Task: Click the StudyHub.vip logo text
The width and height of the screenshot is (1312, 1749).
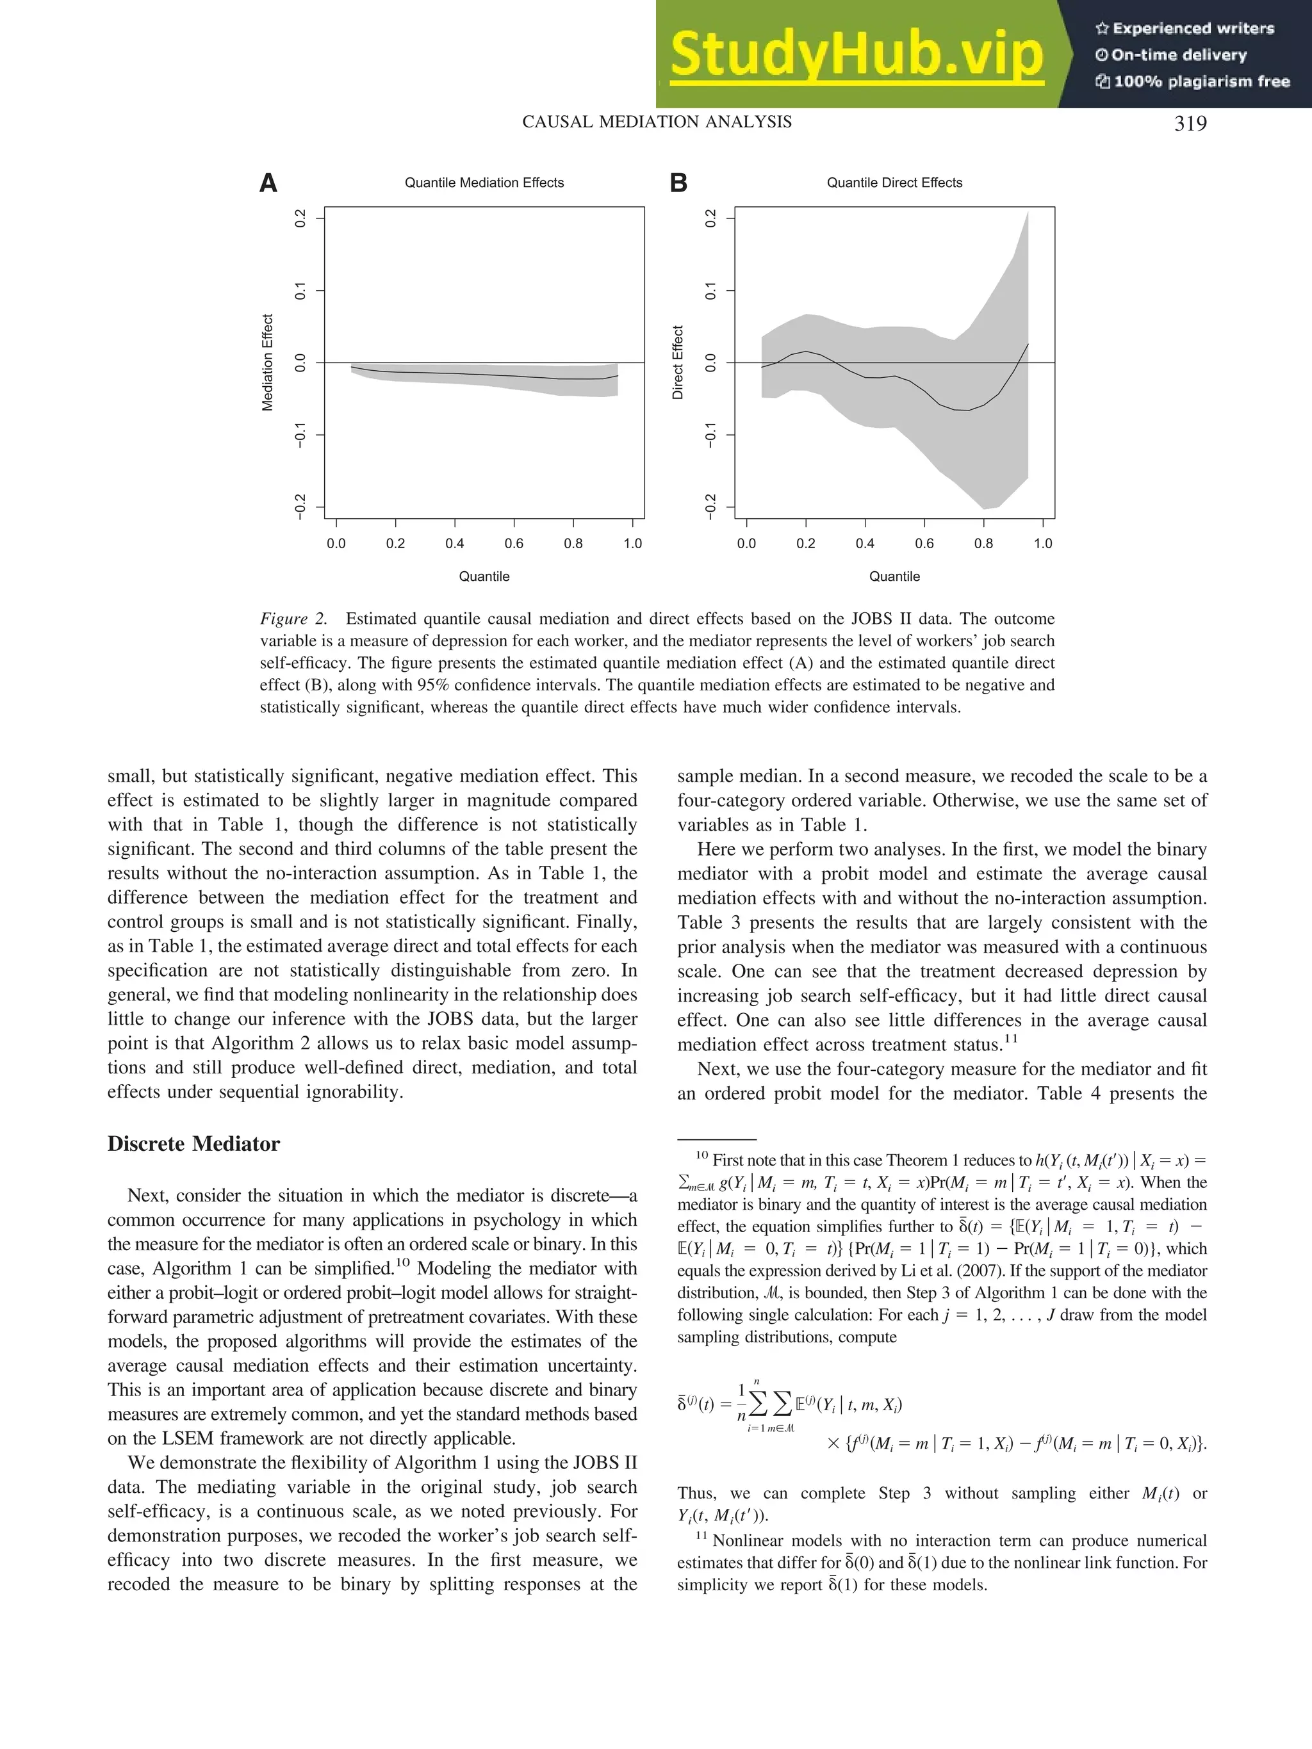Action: pos(856,54)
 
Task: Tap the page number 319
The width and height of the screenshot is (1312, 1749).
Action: pos(1190,124)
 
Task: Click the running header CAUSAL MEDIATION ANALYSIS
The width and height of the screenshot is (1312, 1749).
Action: pos(657,122)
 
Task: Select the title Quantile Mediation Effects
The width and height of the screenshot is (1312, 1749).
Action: pos(484,183)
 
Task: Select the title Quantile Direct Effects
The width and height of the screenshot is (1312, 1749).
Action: pos(894,183)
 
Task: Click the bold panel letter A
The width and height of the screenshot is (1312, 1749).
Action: pos(269,183)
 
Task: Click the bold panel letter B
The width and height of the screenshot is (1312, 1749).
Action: pos(678,183)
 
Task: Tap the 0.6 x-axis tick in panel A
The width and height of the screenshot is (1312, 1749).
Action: pos(514,544)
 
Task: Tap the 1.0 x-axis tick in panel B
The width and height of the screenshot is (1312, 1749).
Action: pos(1042,544)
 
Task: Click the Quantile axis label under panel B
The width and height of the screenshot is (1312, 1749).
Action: pos(894,576)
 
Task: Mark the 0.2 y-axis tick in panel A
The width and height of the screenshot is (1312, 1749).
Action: pos(300,218)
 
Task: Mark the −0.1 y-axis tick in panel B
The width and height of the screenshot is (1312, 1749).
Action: pos(710,435)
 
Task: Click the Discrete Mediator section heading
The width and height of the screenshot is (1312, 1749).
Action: pos(193,1144)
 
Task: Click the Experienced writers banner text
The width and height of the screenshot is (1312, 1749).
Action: pos(1185,28)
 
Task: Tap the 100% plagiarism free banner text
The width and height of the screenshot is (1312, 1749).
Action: pos(1193,81)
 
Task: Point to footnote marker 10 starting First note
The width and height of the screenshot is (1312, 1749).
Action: pos(701,1156)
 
